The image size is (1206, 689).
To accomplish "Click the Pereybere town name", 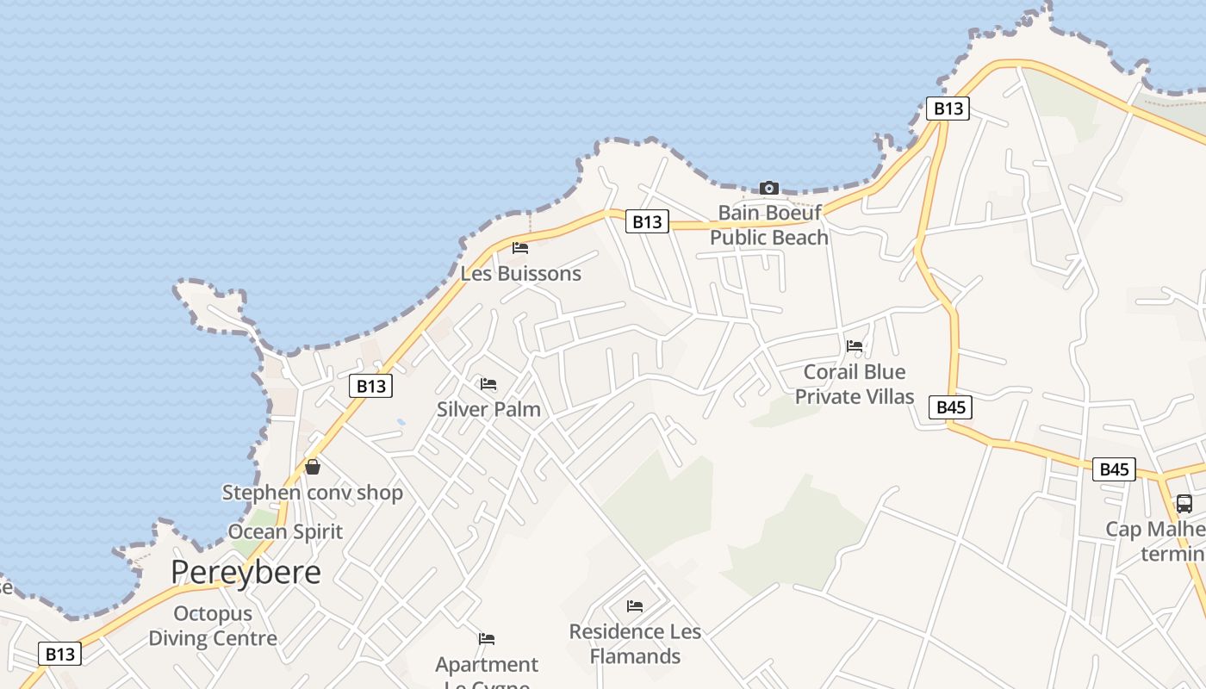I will pos(246,572).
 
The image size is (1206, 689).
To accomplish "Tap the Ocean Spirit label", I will pos(285,531).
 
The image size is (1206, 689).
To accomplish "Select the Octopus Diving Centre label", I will pos(213,626).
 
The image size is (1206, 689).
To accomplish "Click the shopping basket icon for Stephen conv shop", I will pos(313,467).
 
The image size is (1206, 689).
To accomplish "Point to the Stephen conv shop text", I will pos(313,493).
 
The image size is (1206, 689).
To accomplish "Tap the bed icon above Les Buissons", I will pos(520,248).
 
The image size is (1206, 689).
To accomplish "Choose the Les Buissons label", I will pos(521,274).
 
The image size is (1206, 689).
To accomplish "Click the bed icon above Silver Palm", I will pos(488,383).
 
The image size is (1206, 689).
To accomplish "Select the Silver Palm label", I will pos(488,409).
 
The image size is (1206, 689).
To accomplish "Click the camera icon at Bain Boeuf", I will pos(769,188).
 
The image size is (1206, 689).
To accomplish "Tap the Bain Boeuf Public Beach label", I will pos(769,225).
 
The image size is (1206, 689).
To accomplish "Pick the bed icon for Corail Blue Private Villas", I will pos(855,346).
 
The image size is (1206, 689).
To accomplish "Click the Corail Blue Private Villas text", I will pos(855,384).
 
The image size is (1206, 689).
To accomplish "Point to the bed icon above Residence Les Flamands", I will pos(635,606).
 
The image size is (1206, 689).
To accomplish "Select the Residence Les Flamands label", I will pos(635,644).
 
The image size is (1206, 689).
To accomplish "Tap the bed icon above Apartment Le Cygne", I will pos(487,639).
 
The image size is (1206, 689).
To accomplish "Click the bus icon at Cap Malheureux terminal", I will pos(1184,504).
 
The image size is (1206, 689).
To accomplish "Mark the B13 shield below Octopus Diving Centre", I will pos(60,654).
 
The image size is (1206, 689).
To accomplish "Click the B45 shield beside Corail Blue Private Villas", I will pos(951,407).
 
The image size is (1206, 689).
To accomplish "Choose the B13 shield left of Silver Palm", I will pos(371,386).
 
